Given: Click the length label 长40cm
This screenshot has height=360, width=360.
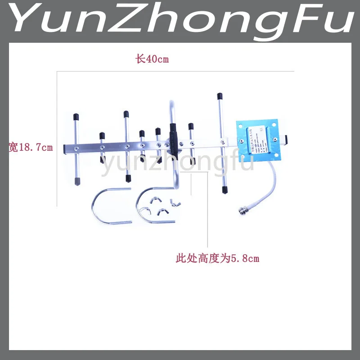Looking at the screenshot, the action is [x=152, y=59].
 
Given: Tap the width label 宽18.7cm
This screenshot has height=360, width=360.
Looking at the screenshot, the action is [x=31, y=147].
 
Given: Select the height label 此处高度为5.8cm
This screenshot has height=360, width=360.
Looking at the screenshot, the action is [x=217, y=258].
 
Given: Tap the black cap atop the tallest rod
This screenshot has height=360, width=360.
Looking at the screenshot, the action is [x=220, y=96].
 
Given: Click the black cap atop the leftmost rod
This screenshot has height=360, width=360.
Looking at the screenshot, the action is [x=76, y=117].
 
